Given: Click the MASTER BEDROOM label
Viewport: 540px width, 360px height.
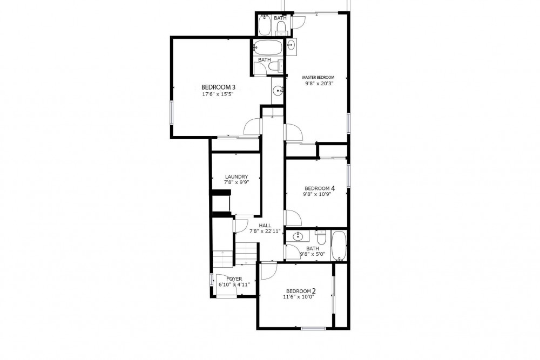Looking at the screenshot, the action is (x=318, y=77).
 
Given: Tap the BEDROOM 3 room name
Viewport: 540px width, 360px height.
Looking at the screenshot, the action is (x=218, y=87).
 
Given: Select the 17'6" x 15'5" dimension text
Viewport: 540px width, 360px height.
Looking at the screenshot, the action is (x=218, y=93).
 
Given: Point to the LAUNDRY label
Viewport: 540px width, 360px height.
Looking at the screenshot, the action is (x=237, y=177).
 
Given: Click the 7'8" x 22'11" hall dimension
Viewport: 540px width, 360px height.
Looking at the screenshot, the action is (x=265, y=232).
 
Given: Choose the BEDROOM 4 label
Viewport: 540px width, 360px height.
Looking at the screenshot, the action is (x=320, y=188).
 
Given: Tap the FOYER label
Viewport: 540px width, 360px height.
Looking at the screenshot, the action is (x=234, y=279).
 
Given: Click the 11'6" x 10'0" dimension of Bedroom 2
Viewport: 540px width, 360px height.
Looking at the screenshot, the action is (x=299, y=297).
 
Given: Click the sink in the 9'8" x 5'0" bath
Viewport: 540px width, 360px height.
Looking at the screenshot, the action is (x=297, y=236).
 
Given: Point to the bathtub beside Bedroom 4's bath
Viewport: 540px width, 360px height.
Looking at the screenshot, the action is (x=339, y=246).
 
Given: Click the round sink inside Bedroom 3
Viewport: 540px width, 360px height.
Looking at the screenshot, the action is (x=278, y=91).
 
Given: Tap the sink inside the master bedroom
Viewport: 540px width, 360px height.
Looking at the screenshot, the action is (x=292, y=45).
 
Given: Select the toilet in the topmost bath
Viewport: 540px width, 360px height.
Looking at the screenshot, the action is (x=281, y=27).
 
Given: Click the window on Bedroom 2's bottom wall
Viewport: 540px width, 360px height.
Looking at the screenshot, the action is (x=313, y=329).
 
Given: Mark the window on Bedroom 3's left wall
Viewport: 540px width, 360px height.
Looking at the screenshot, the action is (x=172, y=112).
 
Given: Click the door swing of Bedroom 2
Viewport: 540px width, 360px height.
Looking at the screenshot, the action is (x=268, y=271).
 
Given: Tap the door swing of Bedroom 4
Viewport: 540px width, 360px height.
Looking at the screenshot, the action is (x=293, y=218).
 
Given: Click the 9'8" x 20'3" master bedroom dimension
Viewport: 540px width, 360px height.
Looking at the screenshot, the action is (x=320, y=83).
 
